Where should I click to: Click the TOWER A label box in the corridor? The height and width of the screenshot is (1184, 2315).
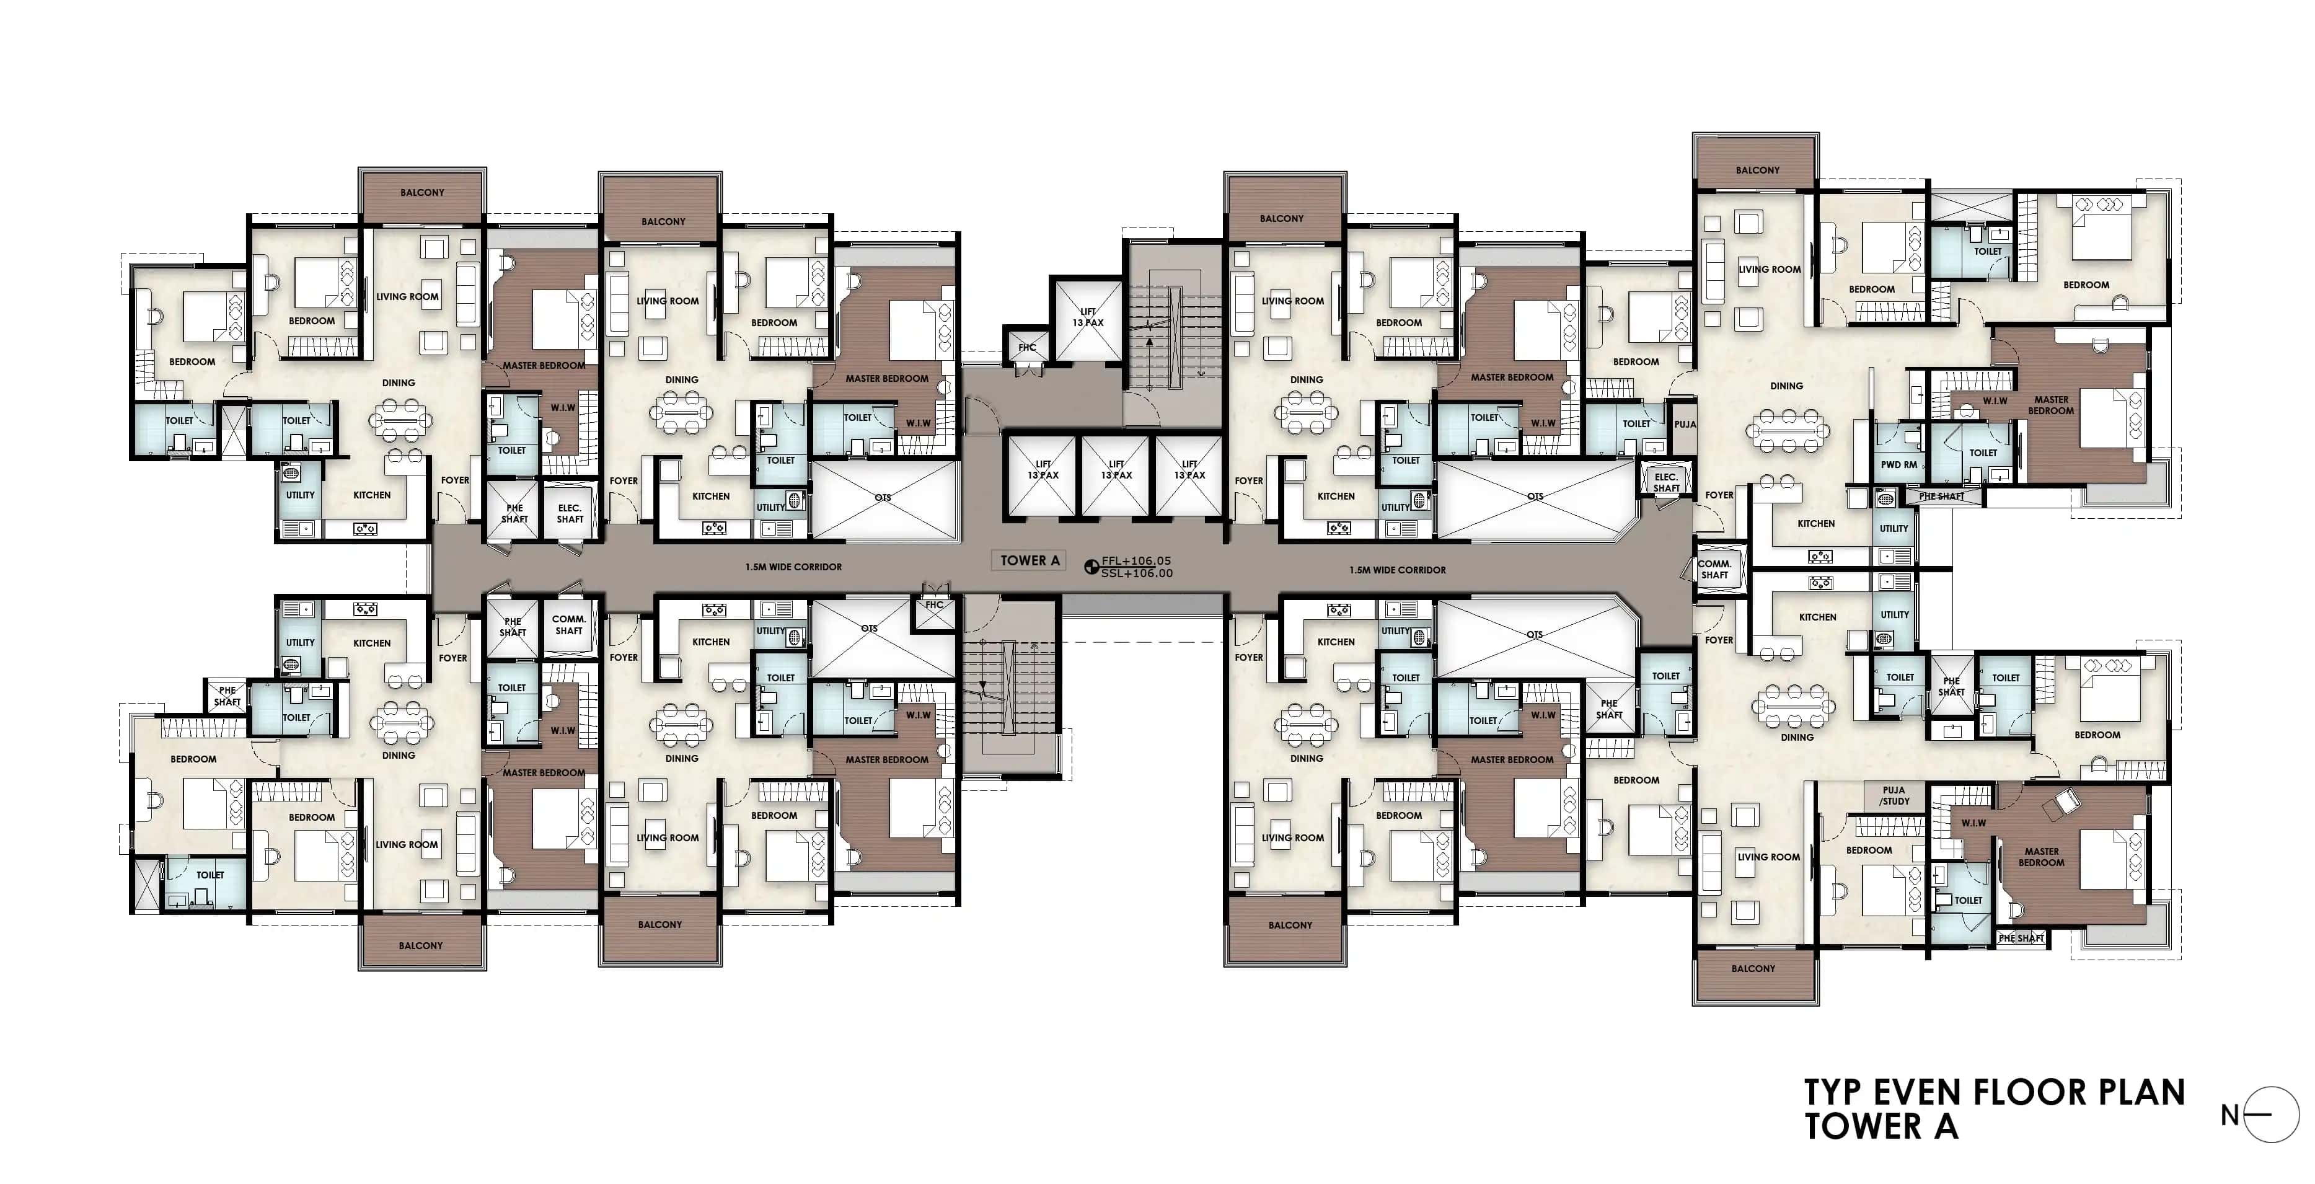click(1030, 560)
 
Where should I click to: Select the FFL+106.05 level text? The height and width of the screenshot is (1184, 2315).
click(1136, 561)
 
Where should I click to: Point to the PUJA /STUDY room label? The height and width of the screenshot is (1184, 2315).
click(1894, 795)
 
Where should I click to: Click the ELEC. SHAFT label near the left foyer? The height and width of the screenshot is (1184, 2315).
click(570, 513)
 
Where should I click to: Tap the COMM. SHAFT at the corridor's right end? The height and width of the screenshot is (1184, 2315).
click(1714, 569)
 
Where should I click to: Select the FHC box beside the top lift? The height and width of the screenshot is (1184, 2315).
click(1027, 347)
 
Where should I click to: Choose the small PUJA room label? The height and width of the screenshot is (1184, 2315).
click(1685, 425)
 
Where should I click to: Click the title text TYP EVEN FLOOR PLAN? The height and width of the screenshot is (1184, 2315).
click(1994, 1092)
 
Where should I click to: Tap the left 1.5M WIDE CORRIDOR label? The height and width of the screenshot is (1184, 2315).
click(793, 567)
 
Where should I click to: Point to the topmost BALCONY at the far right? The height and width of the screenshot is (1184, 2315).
click(1757, 170)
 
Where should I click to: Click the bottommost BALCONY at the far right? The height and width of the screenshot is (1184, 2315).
click(1753, 968)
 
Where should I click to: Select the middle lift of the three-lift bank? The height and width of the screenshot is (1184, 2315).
click(1116, 475)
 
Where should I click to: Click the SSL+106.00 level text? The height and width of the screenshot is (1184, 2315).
click(1136, 573)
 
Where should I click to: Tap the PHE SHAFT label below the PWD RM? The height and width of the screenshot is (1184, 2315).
click(1941, 497)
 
